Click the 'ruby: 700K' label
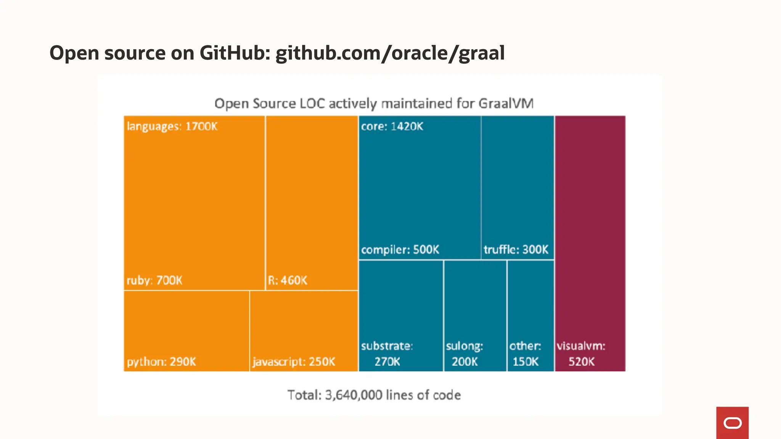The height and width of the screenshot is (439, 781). click(x=154, y=280)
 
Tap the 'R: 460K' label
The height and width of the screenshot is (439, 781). click(x=287, y=280)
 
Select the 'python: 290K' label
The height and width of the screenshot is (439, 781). click(x=161, y=362)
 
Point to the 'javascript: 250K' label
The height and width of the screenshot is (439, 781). click(x=294, y=362)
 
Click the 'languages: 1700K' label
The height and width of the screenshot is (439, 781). click(x=172, y=126)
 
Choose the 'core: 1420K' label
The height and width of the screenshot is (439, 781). click(x=392, y=126)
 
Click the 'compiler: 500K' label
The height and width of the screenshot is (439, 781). click(x=400, y=250)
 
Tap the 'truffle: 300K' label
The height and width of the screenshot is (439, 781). click(x=516, y=250)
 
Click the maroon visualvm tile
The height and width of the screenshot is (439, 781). click(x=590, y=229)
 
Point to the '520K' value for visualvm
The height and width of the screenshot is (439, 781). click(x=581, y=362)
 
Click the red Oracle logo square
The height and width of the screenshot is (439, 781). click(x=732, y=423)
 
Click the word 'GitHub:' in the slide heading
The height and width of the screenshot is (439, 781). click(x=235, y=53)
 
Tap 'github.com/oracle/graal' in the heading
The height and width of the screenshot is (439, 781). click(x=390, y=53)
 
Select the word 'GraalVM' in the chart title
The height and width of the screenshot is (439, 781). click(x=506, y=104)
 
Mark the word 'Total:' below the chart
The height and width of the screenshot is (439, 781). click(x=304, y=395)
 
